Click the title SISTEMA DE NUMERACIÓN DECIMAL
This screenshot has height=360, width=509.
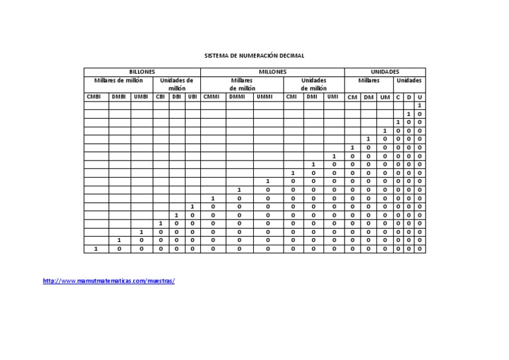(x=254, y=56)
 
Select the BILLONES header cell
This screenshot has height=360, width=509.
(x=141, y=72)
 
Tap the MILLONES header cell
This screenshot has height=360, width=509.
(x=272, y=72)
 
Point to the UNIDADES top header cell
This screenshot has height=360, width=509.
(x=384, y=72)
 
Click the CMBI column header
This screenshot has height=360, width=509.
(x=96, y=97)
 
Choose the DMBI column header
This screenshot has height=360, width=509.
(x=119, y=97)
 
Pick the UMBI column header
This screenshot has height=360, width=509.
(x=141, y=97)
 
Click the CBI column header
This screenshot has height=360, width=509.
(x=160, y=97)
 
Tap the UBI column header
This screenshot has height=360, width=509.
(x=192, y=97)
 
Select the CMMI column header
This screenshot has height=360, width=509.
(x=213, y=97)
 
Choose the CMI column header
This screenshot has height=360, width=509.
(x=292, y=97)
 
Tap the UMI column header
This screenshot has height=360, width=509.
(x=333, y=97)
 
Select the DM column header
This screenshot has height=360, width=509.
(x=368, y=97)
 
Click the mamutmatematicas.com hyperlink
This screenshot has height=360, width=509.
(x=109, y=281)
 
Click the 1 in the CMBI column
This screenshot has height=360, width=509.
(x=96, y=249)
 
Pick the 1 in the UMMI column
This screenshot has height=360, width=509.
(x=268, y=181)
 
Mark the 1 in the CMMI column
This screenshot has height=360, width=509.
(x=213, y=198)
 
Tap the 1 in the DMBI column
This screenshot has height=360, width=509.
(x=119, y=240)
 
